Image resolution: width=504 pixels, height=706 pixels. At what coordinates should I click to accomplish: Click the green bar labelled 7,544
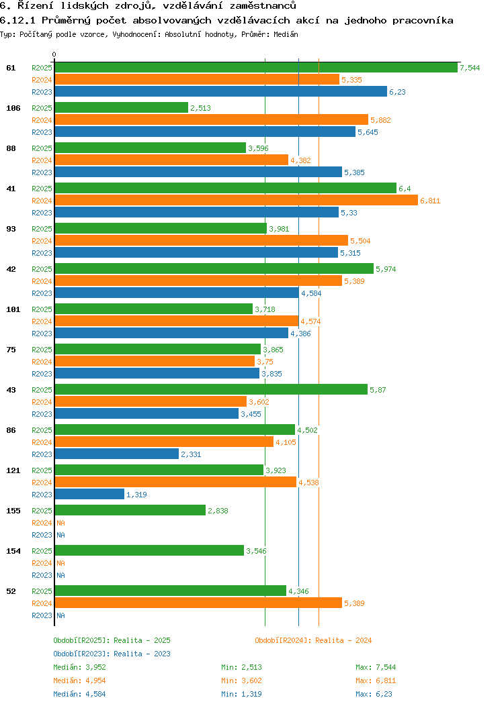pos(255,68)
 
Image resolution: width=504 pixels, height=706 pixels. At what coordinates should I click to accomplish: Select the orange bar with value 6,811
pos(236,201)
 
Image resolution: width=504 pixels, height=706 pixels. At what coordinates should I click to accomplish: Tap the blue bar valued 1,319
pos(89,495)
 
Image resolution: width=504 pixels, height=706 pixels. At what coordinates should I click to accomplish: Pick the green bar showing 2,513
pos(121,108)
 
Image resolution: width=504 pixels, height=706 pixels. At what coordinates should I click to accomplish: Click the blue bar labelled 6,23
pos(220,92)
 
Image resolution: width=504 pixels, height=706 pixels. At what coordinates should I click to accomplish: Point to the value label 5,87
pos(378,390)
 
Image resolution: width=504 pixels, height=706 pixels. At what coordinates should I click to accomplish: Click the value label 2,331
pos(191,454)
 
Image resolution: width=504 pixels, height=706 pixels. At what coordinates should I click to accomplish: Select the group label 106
pos(13,108)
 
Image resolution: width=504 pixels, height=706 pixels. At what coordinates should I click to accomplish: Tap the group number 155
pos(13,511)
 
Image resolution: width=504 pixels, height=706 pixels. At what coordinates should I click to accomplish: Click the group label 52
pos(11,591)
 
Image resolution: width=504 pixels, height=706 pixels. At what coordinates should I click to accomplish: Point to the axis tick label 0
pos(54,54)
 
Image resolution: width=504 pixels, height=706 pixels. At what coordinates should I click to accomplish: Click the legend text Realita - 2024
pos(343,640)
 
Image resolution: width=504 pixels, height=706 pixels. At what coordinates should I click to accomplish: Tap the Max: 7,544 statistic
pos(376,667)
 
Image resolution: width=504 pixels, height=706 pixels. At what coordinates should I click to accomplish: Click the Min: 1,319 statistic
pos(241,694)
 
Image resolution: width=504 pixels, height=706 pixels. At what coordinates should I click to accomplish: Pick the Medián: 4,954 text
pos(79,680)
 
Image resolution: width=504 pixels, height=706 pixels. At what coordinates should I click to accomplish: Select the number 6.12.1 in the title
pos(18,20)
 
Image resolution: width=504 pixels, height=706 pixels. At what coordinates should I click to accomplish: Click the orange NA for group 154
pos(60,563)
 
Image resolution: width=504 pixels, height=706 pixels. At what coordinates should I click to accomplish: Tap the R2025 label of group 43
pos(42,390)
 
